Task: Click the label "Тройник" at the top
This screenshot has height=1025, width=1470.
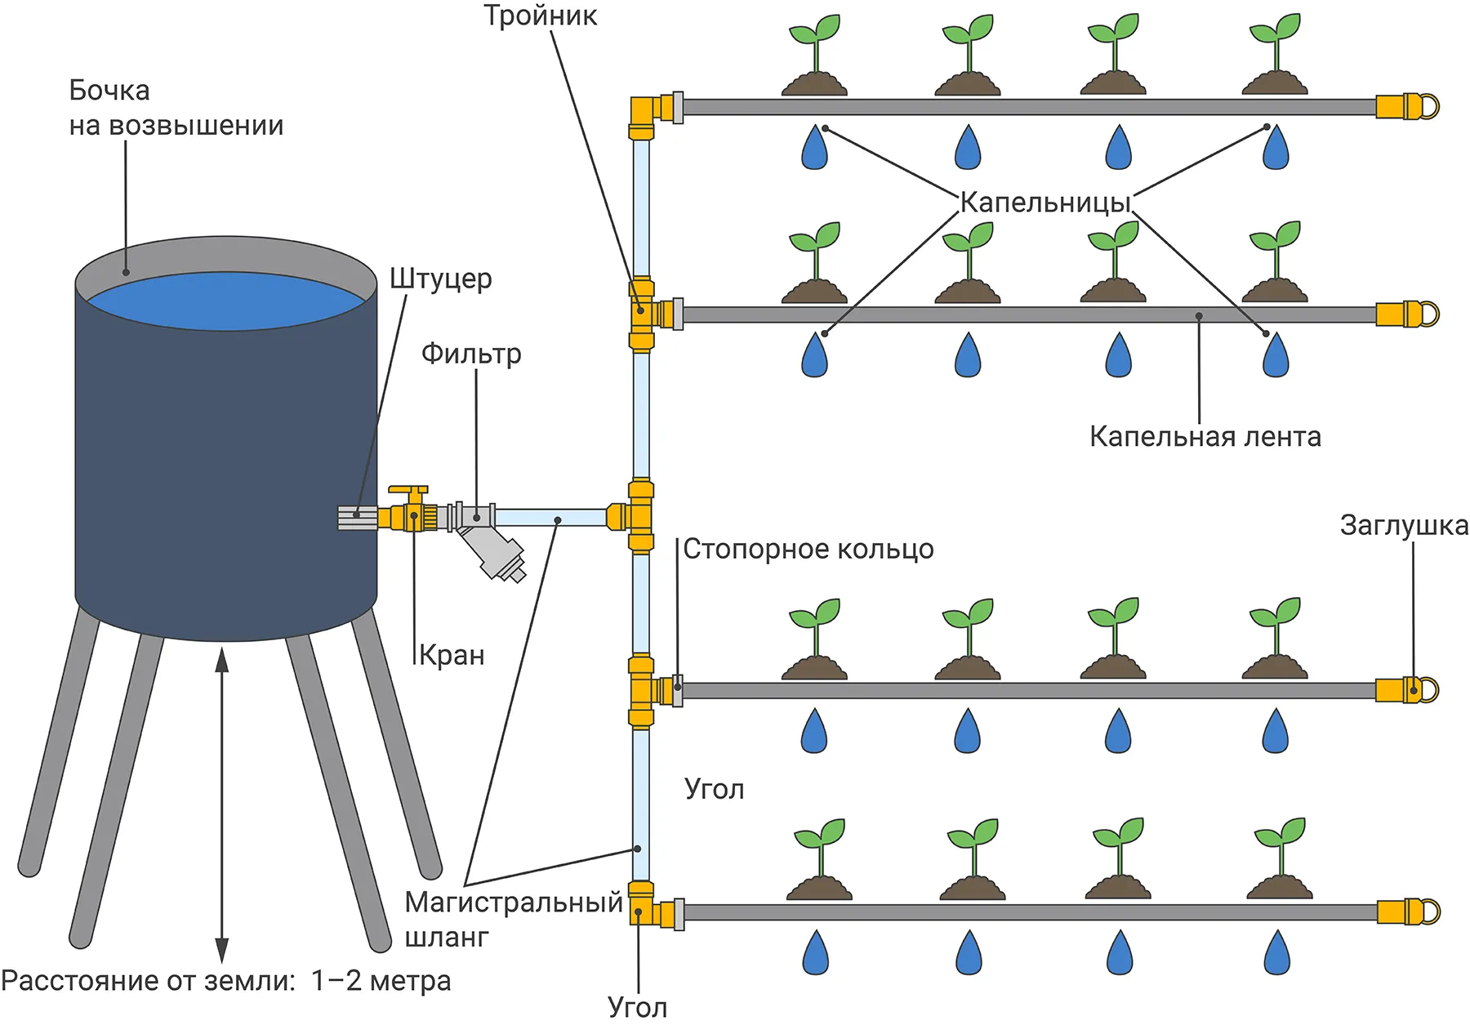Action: point(540,16)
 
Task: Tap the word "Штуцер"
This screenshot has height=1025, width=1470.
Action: point(441,279)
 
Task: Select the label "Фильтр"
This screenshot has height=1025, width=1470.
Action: point(471,354)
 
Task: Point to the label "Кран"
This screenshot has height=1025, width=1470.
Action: point(452,655)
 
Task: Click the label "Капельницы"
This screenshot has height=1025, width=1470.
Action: point(1045,203)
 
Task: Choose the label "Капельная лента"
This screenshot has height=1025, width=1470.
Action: point(1205,437)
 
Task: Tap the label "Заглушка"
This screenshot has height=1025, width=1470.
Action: point(1404,526)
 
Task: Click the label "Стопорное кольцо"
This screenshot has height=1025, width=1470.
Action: point(808,549)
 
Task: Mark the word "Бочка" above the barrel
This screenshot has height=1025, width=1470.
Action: point(109,90)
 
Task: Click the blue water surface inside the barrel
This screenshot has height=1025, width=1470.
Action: point(226,301)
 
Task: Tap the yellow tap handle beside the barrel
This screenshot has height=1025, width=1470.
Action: point(408,492)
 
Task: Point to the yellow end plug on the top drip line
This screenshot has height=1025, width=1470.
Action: point(1406,107)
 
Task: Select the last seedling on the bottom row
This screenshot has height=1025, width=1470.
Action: point(1280,858)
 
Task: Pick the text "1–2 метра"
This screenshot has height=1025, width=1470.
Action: point(381,980)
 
